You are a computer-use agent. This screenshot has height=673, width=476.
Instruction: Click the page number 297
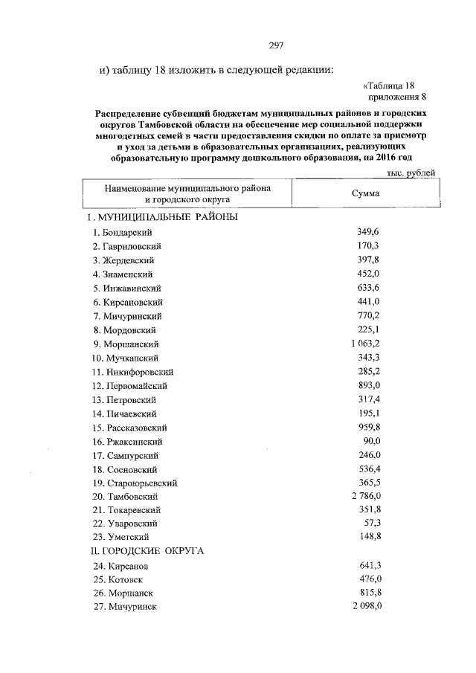tap(277, 45)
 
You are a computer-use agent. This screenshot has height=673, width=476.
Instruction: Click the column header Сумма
tap(365, 193)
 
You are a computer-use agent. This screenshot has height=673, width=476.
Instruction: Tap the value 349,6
tap(368, 232)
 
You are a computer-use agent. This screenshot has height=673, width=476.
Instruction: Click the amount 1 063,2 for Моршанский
tap(364, 344)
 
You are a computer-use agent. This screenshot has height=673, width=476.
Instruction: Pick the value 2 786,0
tap(364, 496)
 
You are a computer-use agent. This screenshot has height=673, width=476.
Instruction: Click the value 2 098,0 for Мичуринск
tap(364, 607)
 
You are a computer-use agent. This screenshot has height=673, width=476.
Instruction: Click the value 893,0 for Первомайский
tap(368, 385)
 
